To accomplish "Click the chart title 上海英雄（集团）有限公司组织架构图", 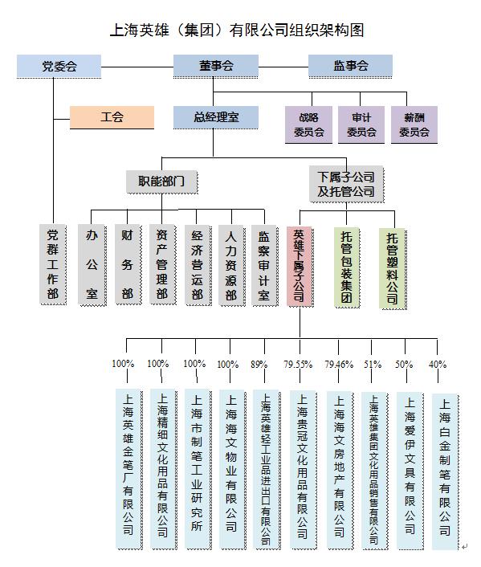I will pos(237,31).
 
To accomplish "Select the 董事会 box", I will pos(216,66).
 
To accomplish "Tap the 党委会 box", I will pos(59,66).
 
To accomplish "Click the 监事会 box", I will pos(350,66).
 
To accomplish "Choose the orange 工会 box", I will pos(112,117).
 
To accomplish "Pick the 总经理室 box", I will pos(216,117).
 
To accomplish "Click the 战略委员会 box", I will pos(308,124).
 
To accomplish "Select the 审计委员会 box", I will pos(361,124).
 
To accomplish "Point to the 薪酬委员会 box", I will pos(414,124).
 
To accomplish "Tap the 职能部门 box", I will pos(161,181).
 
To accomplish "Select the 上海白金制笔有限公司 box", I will pos(445,471).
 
